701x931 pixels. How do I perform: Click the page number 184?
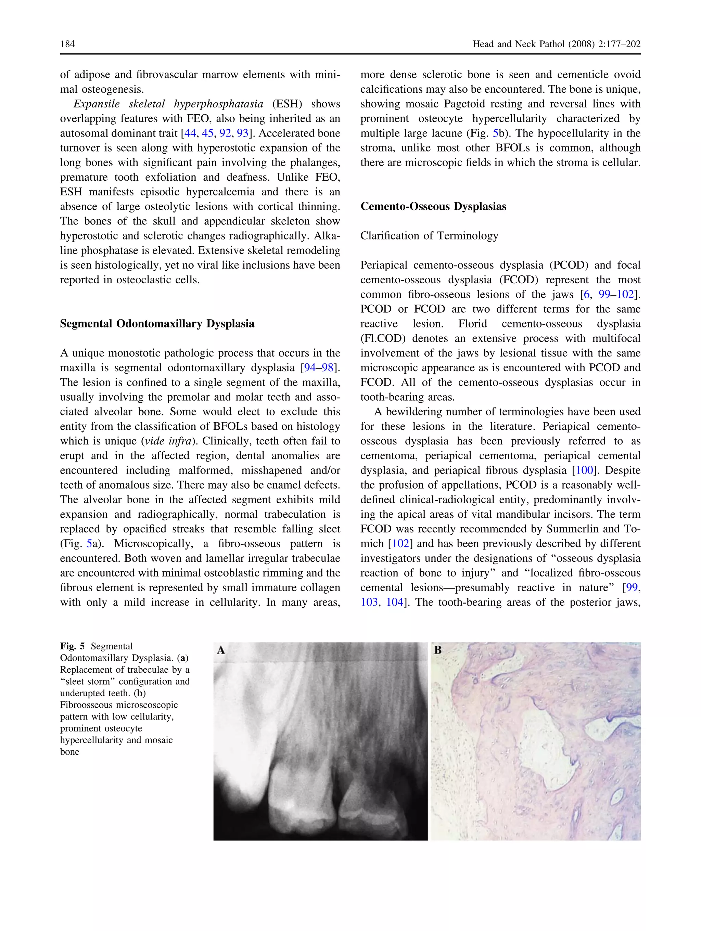(x=67, y=44)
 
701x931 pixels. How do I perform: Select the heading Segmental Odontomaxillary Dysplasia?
(x=157, y=324)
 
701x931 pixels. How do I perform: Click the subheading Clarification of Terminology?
(x=429, y=236)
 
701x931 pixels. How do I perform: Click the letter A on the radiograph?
(x=221, y=650)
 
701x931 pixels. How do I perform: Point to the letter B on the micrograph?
(x=438, y=650)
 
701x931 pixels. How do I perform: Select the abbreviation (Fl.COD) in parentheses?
(x=384, y=338)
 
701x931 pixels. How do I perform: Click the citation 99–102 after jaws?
(x=616, y=295)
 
